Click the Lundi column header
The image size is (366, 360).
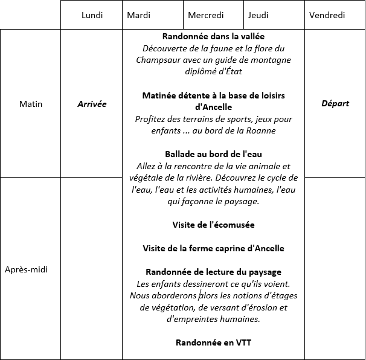pyautogui.click(x=92, y=15)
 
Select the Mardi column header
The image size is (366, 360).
pyautogui.click(x=139, y=15)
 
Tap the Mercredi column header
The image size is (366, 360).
pyautogui.click(x=205, y=15)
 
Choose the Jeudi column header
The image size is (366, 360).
pyautogui.click(x=258, y=15)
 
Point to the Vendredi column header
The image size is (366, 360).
pyautogui.click(x=326, y=15)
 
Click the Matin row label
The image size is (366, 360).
pyautogui.click(x=31, y=104)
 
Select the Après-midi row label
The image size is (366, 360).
pyautogui.click(x=26, y=269)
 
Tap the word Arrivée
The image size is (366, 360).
pyautogui.click(x=92, y=104)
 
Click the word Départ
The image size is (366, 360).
pyautogui.click(x=335, y=103)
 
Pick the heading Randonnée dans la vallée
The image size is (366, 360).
pyautogui.click(x=213, y=37)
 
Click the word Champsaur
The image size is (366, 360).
pyautogui.click(x=158, y=60)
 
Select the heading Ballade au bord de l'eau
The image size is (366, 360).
pyautogui.click(x=213, y=154)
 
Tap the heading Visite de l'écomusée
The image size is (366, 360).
pyautogui.click(x=213, y=225)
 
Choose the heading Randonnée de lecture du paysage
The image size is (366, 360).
pyautogui.click(x=213, y=272)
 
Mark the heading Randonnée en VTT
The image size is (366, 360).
pyautogui.click(x=213, y=342)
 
